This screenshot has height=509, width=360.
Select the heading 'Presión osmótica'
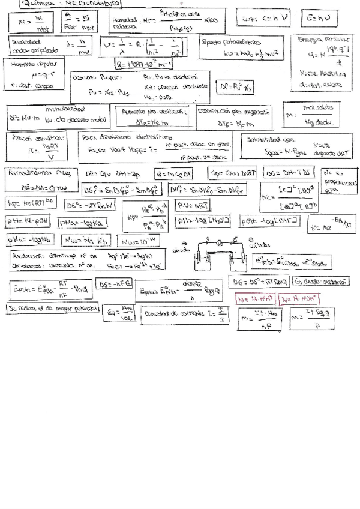(x=34, y=138)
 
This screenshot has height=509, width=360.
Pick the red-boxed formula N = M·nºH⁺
(x=254, y=298)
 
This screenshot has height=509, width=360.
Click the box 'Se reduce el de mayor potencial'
(x=52, y=308)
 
